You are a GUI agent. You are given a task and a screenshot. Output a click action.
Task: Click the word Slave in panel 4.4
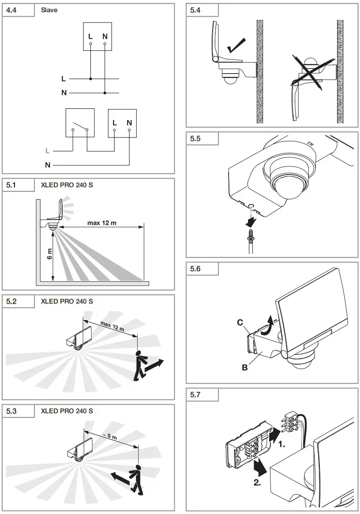pos(49,10)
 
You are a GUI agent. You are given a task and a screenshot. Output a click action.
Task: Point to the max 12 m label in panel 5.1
pos(102,223)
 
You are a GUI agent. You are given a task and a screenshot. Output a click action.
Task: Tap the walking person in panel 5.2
pos(140,365)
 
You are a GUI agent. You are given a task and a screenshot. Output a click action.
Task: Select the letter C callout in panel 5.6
pos(240,322)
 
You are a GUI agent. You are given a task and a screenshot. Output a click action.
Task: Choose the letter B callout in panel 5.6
pos(244,366)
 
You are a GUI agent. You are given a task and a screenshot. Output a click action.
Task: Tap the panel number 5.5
pos(195,138)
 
